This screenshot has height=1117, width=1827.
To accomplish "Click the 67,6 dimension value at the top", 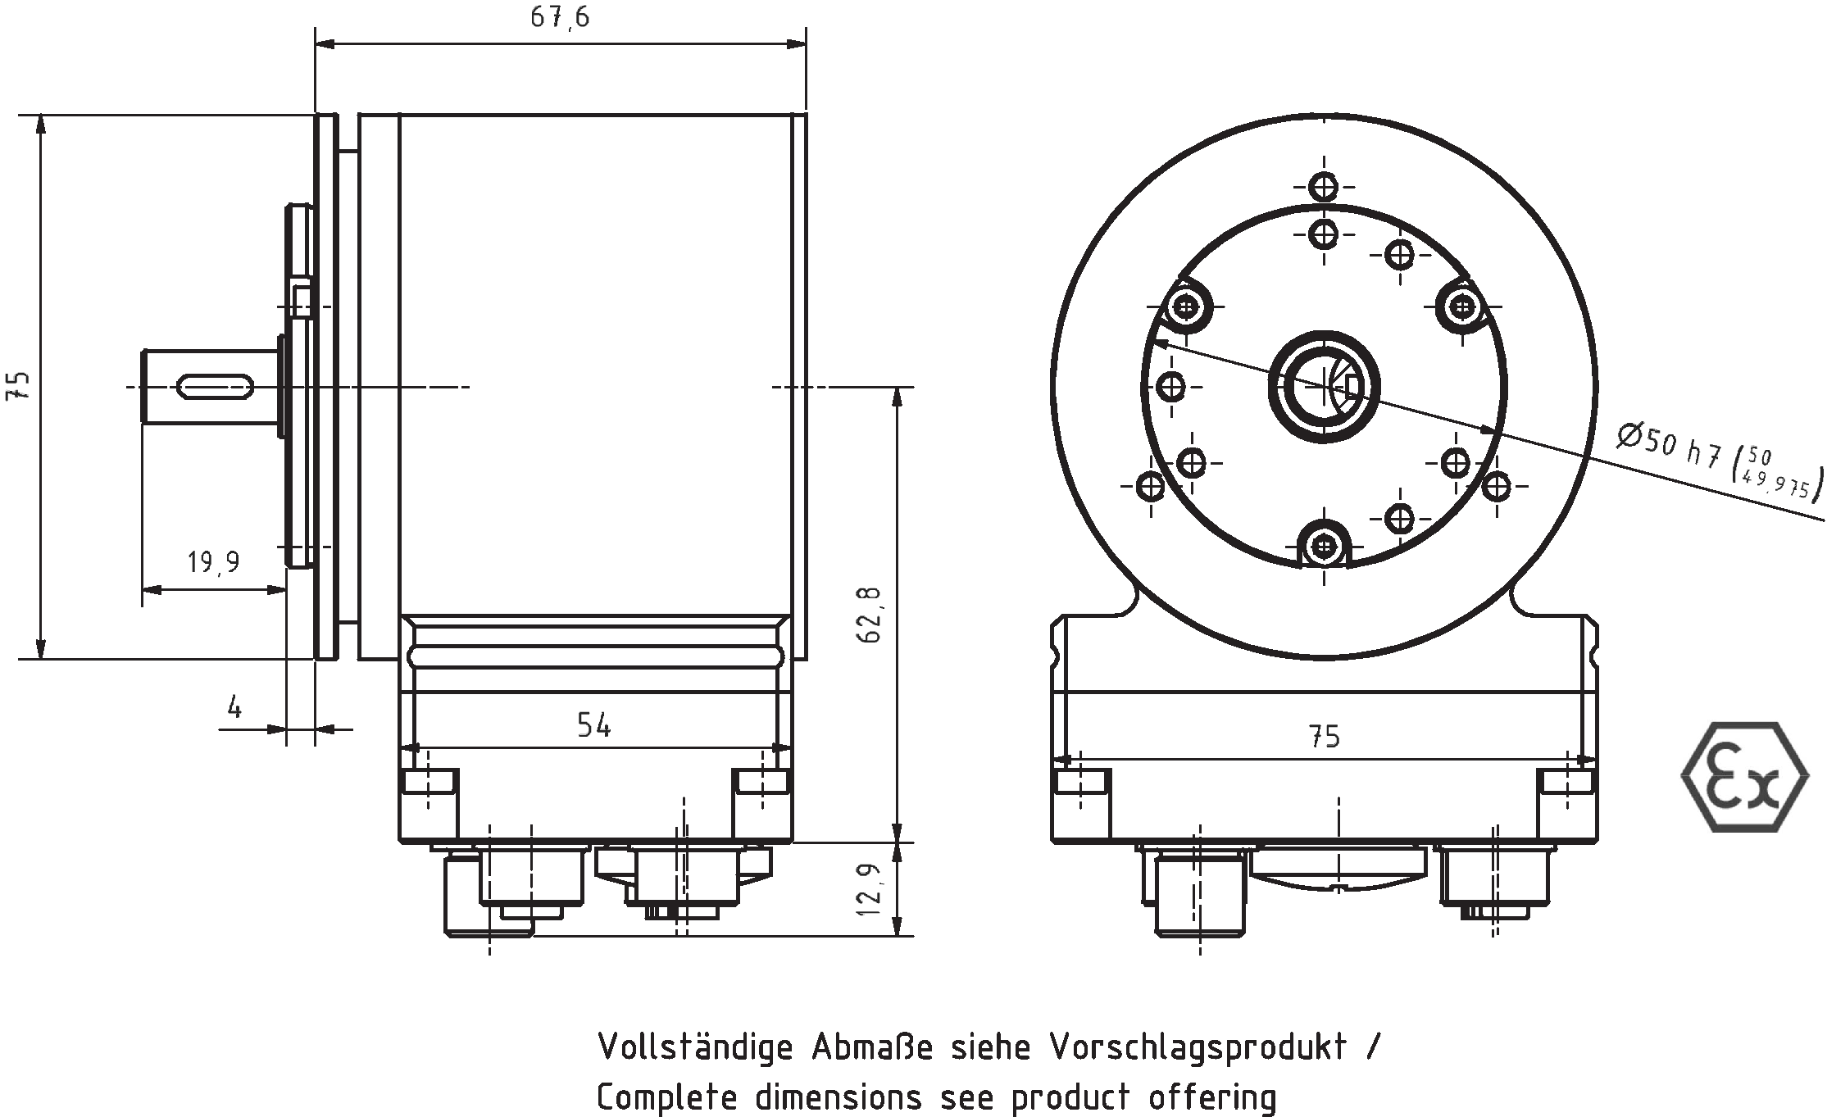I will click(559, 17).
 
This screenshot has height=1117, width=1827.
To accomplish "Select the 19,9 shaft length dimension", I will click(213, 562).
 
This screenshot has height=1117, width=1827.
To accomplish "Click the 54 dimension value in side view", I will click(593, 725).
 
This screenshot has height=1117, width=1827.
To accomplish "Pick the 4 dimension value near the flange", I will click(235, 706).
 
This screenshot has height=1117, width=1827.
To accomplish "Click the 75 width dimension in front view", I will click(1324, 737).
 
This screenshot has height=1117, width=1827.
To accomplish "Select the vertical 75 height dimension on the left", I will click(18, 385).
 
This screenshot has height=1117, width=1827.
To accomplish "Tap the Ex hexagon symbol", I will click(1744, 777).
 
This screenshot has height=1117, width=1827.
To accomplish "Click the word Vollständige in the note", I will click(695, 1047).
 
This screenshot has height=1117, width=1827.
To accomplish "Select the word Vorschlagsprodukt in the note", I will click(1198, 1047).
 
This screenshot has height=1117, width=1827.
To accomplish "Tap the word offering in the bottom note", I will click(1211, 1097).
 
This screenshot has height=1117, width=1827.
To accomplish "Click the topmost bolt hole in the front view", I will click(1324, 188).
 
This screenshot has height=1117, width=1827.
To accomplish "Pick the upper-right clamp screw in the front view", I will click(1462, 306).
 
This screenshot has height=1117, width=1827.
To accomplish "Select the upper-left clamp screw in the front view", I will click(1185, 306).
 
